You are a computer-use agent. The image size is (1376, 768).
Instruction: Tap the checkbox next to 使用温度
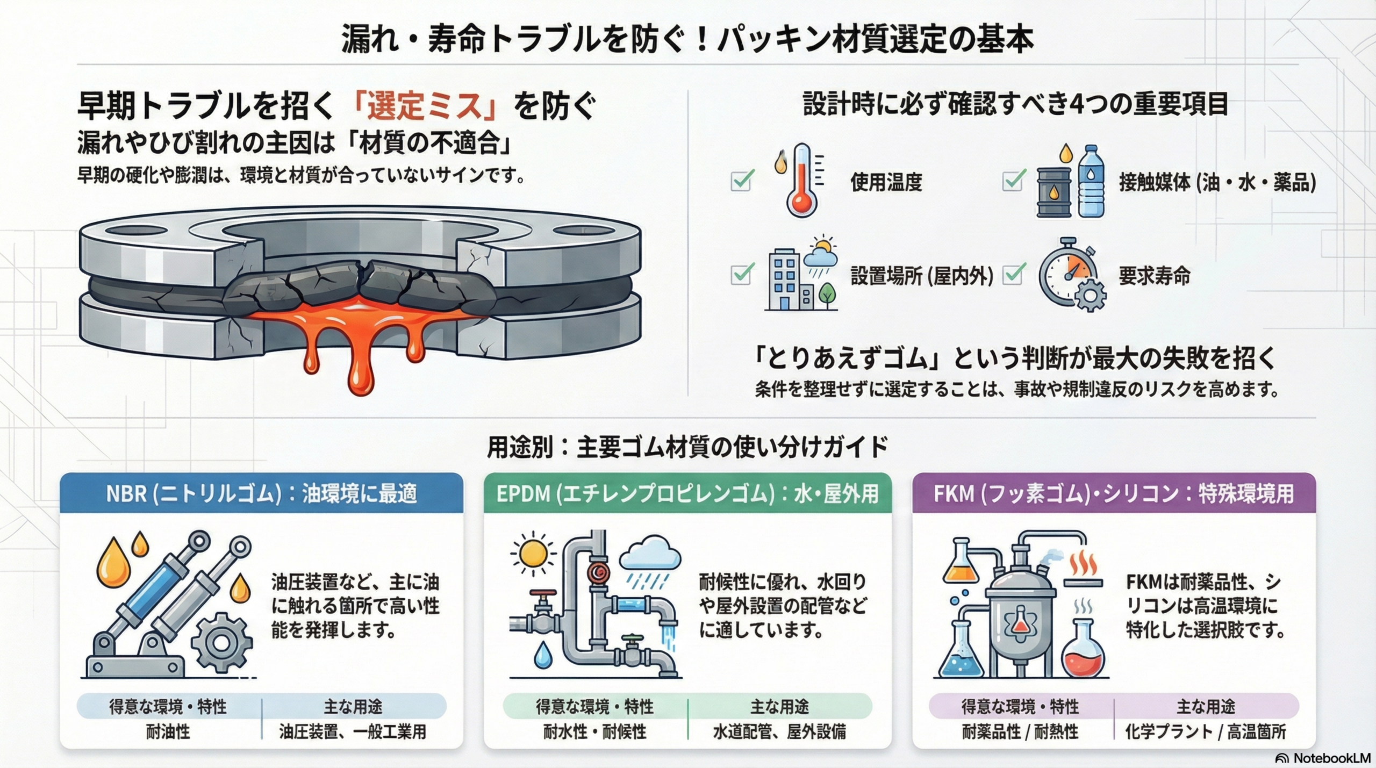(x=742, y=181)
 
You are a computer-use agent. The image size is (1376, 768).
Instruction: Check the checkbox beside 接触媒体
(x=1014, y=181)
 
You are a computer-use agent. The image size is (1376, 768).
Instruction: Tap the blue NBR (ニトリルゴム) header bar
(x=261, y=493)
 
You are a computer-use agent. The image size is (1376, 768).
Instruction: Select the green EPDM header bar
(x=687, y=493)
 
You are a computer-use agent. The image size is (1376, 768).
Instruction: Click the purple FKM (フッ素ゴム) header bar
(x=1114, y=493)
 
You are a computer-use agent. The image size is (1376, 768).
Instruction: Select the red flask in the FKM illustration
(x=1083, y=652)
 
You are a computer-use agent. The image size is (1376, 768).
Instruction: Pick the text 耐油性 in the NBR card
(x=168, y=732)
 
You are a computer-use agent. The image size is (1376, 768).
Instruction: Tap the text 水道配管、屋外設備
(x=779, y=732)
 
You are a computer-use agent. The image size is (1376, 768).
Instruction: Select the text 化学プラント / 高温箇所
(x=1206, y=732)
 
